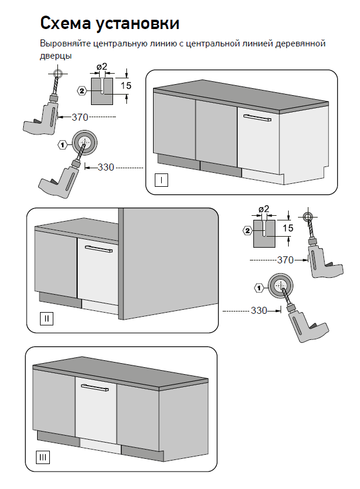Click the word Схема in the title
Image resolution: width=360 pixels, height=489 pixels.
(x=66, y=23)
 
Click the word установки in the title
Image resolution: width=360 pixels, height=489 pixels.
(x=137, y=24)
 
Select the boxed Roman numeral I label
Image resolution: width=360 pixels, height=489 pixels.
(x=161, y=180)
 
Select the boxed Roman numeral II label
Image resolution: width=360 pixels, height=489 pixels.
(x=47, y=318)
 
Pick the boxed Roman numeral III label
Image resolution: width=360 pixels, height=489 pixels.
(x=43, y=458)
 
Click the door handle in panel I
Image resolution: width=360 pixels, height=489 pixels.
(x=257, y=118)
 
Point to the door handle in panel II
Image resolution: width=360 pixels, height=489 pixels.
(x=99, y=249)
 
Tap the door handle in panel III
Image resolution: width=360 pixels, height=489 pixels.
(x=94, y=387)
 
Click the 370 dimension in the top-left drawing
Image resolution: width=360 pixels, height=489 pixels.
(x=80, y=117)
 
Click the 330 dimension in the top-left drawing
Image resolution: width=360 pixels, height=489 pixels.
(x=106, y=168)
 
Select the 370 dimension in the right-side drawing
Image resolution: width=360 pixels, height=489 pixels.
(x=285, y=260)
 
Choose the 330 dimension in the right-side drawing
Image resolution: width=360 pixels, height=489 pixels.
(x=259, y=310)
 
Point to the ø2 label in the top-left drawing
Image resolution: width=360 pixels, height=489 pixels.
(x=101, y=67)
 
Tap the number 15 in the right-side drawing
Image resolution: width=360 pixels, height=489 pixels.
(x=288, y=228)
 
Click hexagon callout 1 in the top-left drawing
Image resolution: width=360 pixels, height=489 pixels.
(x=63, y=144)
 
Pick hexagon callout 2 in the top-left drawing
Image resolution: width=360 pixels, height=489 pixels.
(x=82, y=91)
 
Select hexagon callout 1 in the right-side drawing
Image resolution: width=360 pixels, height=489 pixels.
(x=259, y=288)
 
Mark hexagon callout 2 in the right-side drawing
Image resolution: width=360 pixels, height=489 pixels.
(x=248, y=231)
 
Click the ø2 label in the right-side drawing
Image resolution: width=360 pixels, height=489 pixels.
(x=264, y=209)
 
